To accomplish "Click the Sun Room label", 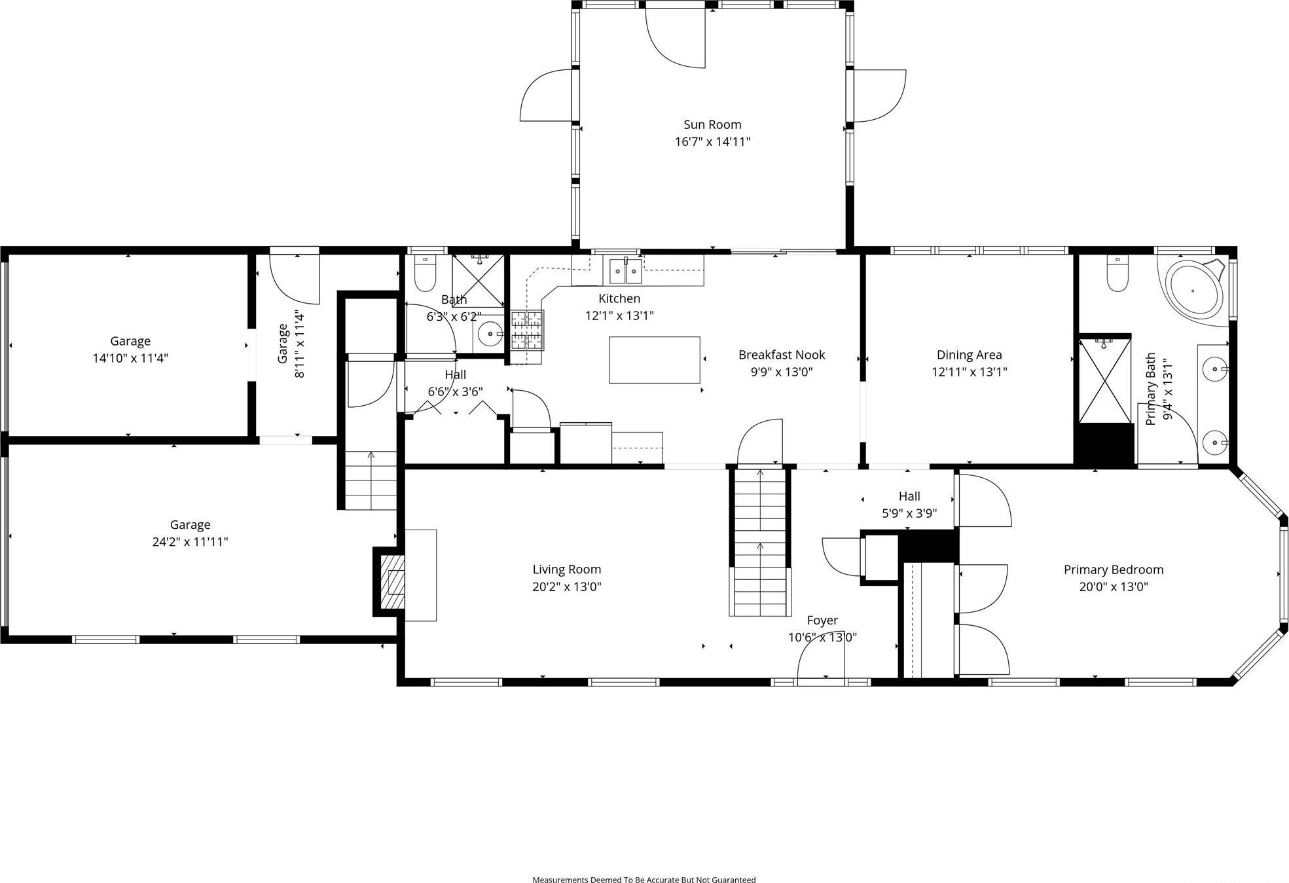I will pos(712,124).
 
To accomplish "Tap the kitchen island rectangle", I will pos(654,360).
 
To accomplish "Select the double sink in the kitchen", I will pos(626,270).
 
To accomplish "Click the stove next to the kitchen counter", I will pos(527,329).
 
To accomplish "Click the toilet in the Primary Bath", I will pos(1117,274).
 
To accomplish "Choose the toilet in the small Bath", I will pos(426,274).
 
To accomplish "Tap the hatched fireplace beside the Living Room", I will pos(395,582).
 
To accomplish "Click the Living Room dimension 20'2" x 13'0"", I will pos(566,586).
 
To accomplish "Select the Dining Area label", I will pos(969,355).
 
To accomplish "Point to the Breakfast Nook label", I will pos(782,355).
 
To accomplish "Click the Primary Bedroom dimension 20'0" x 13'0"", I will pos(1113,586).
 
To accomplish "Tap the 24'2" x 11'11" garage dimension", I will pos(190,542).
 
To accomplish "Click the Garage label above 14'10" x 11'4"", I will pos(130,341).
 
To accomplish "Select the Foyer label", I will pos(822,620).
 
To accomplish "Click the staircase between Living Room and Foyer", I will pos(759,543).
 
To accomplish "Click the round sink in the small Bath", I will pos(490,334).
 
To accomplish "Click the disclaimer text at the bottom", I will pos(644,880).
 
